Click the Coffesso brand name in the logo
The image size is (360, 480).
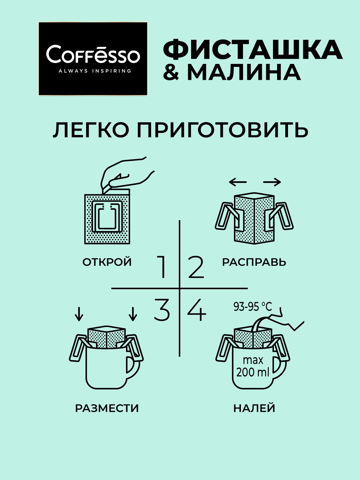[93, 54]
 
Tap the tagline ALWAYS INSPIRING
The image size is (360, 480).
[95, 71]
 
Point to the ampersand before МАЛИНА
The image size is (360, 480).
[171, 72]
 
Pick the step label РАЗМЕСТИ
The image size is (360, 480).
[107, 408]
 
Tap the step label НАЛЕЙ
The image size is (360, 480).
[254, 408]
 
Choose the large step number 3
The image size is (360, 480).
[162, 310]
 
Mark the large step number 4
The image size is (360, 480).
[196, 310]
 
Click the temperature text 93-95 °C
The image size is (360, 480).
[253, 307]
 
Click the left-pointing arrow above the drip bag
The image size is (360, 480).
[238, 182]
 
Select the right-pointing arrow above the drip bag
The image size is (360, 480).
[272, 182]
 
